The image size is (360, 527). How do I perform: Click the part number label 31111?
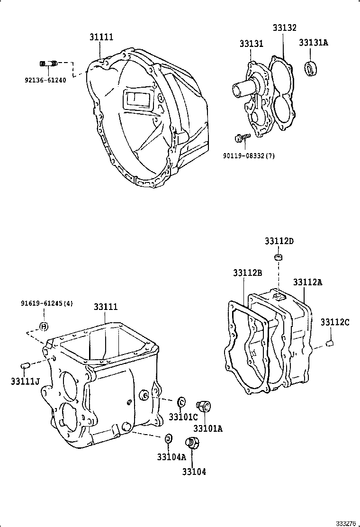[x=101, y=37]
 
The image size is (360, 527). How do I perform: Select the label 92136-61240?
[x=45, y=81]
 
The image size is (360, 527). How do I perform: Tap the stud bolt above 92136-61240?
[x=47, y=64]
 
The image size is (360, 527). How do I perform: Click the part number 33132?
[x=284, y=28]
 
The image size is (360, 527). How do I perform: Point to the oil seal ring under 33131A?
[x=311, y=69]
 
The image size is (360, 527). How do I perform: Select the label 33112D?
[x=279, y=241]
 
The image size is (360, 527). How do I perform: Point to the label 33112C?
[x=334, y=322]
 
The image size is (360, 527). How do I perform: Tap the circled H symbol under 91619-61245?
[x=44, y=326]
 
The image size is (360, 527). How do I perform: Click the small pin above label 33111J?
[x=27, y=364]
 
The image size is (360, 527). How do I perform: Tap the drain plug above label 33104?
[x=193, y=443]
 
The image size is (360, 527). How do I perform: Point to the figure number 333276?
[x=346, y=523]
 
